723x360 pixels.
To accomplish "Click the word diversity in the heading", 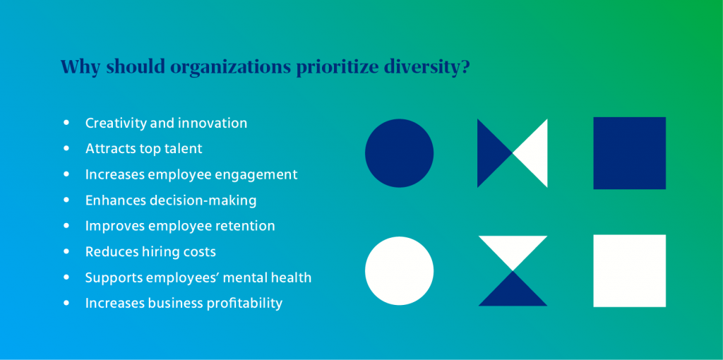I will click(427, 67).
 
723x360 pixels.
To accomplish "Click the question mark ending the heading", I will click(467, 67).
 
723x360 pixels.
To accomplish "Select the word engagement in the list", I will click(261, 175).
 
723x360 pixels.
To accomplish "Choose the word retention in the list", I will click(241, 226).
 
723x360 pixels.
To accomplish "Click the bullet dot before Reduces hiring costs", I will click(67, 251).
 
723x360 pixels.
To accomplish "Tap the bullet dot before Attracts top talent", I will click(67, 148).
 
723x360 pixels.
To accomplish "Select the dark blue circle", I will click(399, 153).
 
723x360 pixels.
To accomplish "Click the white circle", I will click(399, 271).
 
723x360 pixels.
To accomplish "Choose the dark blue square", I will click(629, 153).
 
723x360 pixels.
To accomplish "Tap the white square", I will click(629, 271).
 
